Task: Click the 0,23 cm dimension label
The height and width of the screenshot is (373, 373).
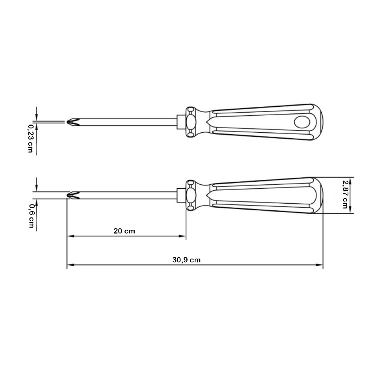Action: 30,139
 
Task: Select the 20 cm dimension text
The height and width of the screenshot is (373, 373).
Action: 124,231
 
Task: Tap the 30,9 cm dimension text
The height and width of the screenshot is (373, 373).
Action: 186,260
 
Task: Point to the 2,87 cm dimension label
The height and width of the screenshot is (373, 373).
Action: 345,194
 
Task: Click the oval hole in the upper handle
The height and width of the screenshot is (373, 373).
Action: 302,122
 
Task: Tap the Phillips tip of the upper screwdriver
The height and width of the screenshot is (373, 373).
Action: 73,122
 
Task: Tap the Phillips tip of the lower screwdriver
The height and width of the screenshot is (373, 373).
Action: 73,195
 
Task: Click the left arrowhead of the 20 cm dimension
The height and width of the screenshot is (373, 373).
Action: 71,236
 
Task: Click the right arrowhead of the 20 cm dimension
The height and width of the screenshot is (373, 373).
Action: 182,236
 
